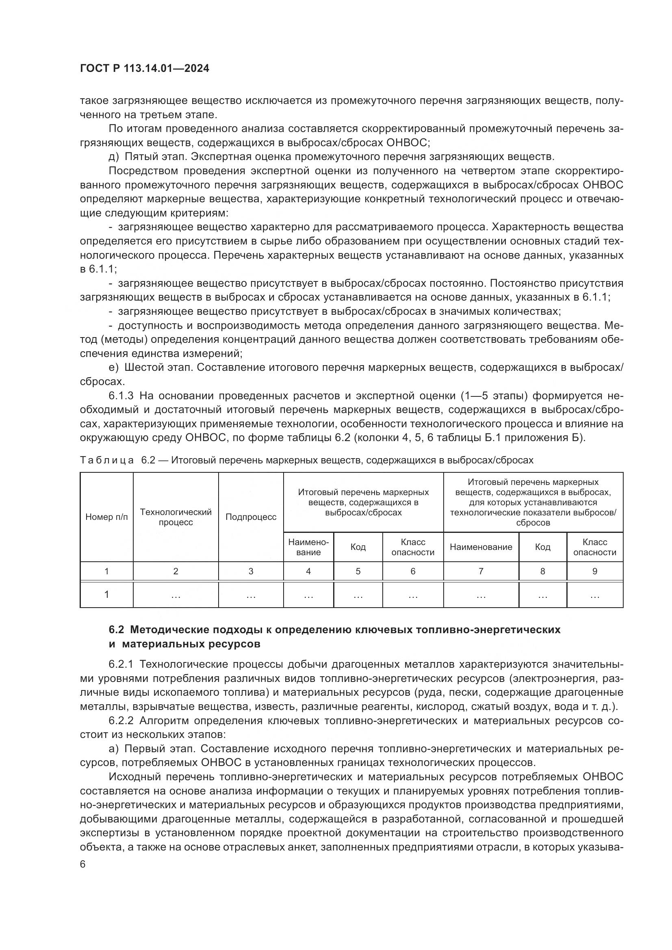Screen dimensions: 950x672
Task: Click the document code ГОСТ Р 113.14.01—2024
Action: (144, 69)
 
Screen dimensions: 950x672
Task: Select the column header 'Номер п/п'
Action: (106, 517)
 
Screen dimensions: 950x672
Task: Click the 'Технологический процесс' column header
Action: (176, 517)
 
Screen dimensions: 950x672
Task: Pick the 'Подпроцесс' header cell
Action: (251, 517)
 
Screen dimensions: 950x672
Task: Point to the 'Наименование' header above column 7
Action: (481, 547)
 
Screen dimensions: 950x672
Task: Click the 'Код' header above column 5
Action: (358, 547)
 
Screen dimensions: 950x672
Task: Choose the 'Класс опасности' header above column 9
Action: (595, 547)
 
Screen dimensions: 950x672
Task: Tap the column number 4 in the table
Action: (308, 571)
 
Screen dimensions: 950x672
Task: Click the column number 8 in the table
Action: (542, 571)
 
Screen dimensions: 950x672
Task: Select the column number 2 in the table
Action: (176, 571)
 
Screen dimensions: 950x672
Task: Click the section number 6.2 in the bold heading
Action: (117, 630)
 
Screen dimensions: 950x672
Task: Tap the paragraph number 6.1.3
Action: (121, 396)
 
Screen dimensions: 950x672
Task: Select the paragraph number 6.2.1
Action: (121, 664)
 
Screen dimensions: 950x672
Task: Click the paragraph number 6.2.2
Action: (121, 721)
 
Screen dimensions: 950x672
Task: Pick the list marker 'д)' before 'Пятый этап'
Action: (113, 157)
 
